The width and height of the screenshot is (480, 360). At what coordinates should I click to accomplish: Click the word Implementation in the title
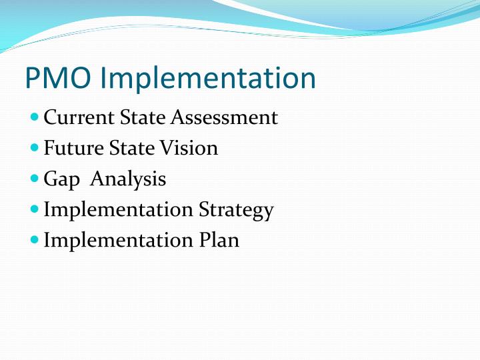point(209,79)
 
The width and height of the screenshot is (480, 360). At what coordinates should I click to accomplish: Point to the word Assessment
point(225,118)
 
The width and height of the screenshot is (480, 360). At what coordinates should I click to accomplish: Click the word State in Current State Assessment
point(143,118)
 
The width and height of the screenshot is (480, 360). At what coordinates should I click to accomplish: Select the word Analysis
point(128,179)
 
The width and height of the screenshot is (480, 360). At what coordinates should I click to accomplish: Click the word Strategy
point(236,210)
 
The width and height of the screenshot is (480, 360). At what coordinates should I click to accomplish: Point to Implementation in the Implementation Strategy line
point(118,210)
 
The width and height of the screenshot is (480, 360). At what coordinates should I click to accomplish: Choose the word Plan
point(219,240)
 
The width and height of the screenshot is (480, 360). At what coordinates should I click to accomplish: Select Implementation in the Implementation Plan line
point(118,240)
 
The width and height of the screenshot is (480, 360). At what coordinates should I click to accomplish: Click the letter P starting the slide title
point(33,79)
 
